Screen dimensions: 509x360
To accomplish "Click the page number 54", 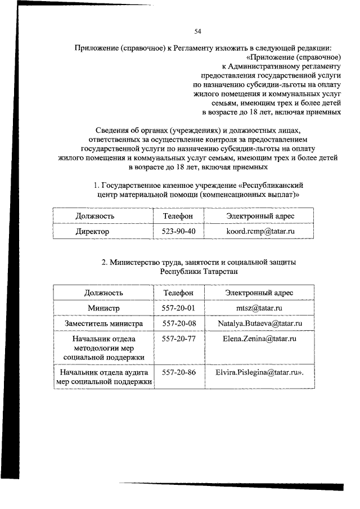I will point(198,31).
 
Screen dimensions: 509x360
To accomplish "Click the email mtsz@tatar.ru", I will point(259,308).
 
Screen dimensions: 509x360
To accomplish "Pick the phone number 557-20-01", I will point(178,308).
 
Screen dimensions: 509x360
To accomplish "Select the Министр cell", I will point(103,308).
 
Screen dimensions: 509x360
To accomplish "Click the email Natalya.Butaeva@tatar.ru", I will point(260,323).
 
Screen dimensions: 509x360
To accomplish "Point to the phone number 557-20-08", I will point(178,323).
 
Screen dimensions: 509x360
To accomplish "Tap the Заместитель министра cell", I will point(103,323).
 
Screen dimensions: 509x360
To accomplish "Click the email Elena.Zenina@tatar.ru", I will point(259,339).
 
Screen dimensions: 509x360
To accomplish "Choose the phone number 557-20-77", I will point(178,339).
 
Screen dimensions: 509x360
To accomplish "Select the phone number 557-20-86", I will point(178,372).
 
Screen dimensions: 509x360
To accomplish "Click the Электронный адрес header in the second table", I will point(259,293).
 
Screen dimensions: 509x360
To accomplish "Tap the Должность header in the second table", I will point(103,293).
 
